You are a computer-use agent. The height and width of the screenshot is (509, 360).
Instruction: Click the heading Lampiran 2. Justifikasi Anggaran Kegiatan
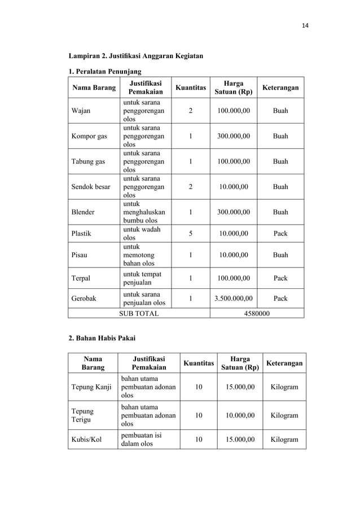(x=136, y=56)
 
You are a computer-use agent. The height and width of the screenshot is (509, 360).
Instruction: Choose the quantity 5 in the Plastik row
(x=190, y=232)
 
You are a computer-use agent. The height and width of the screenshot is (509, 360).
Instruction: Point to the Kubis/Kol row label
(x=87, y=439)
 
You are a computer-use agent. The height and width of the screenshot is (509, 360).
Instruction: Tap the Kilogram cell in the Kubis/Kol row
(x=284, y=439)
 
